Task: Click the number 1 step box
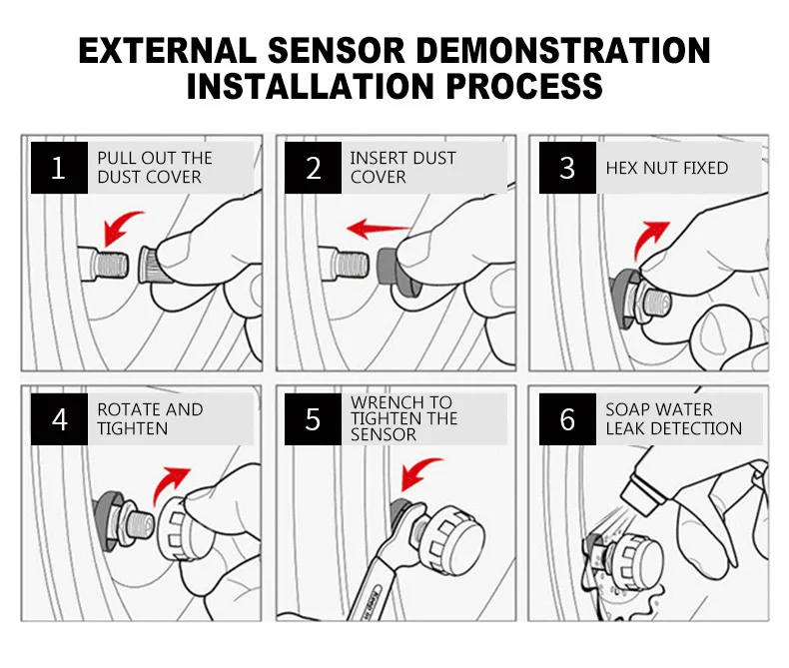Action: (59, 168)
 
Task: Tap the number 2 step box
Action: (313, 168)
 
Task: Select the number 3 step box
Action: (567, 168)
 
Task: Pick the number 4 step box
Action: (59, 419)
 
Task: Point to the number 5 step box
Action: (313, 419)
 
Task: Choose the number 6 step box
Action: (567, 419)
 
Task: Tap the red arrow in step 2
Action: (378, 229)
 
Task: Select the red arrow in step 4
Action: (168, 483)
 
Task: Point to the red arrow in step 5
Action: (416, 469)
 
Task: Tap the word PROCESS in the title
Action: (524, 86)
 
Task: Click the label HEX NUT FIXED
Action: (667, 168)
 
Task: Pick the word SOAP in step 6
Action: (627, 409)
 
